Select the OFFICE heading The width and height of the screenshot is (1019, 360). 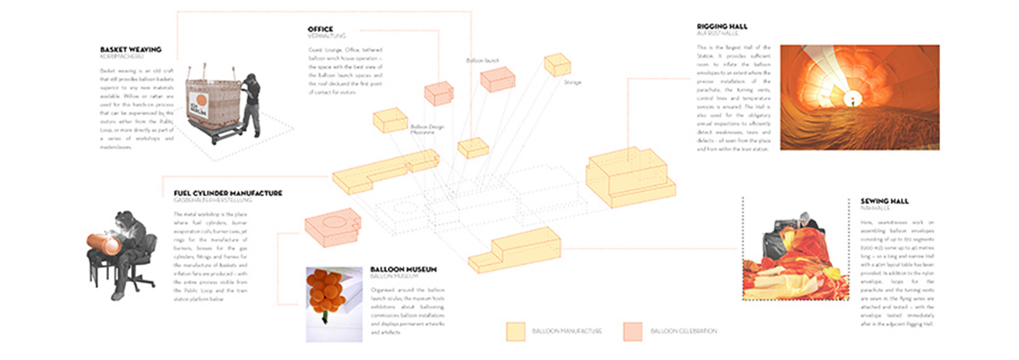[321, 30]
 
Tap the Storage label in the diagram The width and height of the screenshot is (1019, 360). [571, 83]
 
